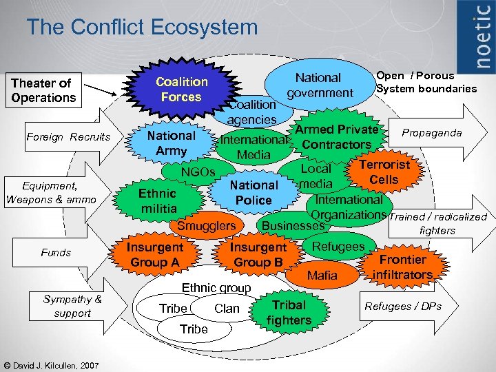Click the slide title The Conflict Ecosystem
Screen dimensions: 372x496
(142, 28)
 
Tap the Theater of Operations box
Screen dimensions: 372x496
(44, 90)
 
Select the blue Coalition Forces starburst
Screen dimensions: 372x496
(181, 90)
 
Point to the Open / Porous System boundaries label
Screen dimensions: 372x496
(426, 82)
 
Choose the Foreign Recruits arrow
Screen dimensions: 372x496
(68, 137)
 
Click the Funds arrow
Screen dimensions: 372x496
(56, 253)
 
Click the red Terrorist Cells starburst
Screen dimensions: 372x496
(384, 172)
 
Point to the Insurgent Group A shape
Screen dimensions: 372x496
(156, 254)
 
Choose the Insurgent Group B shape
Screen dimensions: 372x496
(258, 254)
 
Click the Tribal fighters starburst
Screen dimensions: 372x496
(289, 312)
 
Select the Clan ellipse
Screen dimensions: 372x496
(225, 309)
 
